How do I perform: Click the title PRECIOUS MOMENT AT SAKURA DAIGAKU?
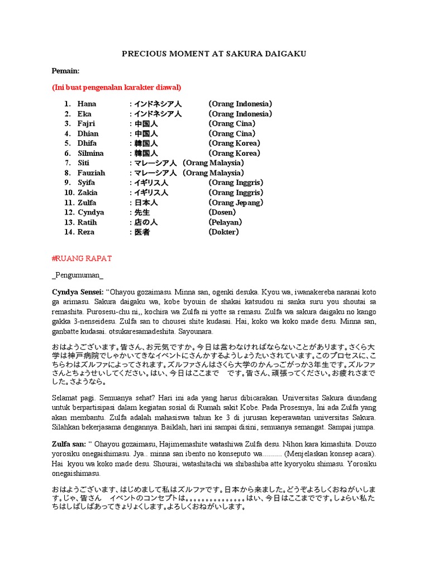(x=214, y=54)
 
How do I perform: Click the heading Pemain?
(x=65, y=71)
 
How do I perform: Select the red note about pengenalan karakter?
(x=116, y=88)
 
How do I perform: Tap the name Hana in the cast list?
(x=87, y=104)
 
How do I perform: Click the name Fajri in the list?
(x=87, y=123)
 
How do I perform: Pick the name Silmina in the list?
(x=90, y=153)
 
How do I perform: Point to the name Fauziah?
(x=91, y=173)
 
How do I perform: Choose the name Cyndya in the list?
(x=90, y=212)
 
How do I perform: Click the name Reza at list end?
(x=86, y=232)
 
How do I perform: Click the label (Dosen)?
(x=222, y=212)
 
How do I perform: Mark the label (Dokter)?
(x=223, y=232)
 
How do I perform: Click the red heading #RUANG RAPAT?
(x=82, y=258)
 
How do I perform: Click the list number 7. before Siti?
(x=68, y=163)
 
